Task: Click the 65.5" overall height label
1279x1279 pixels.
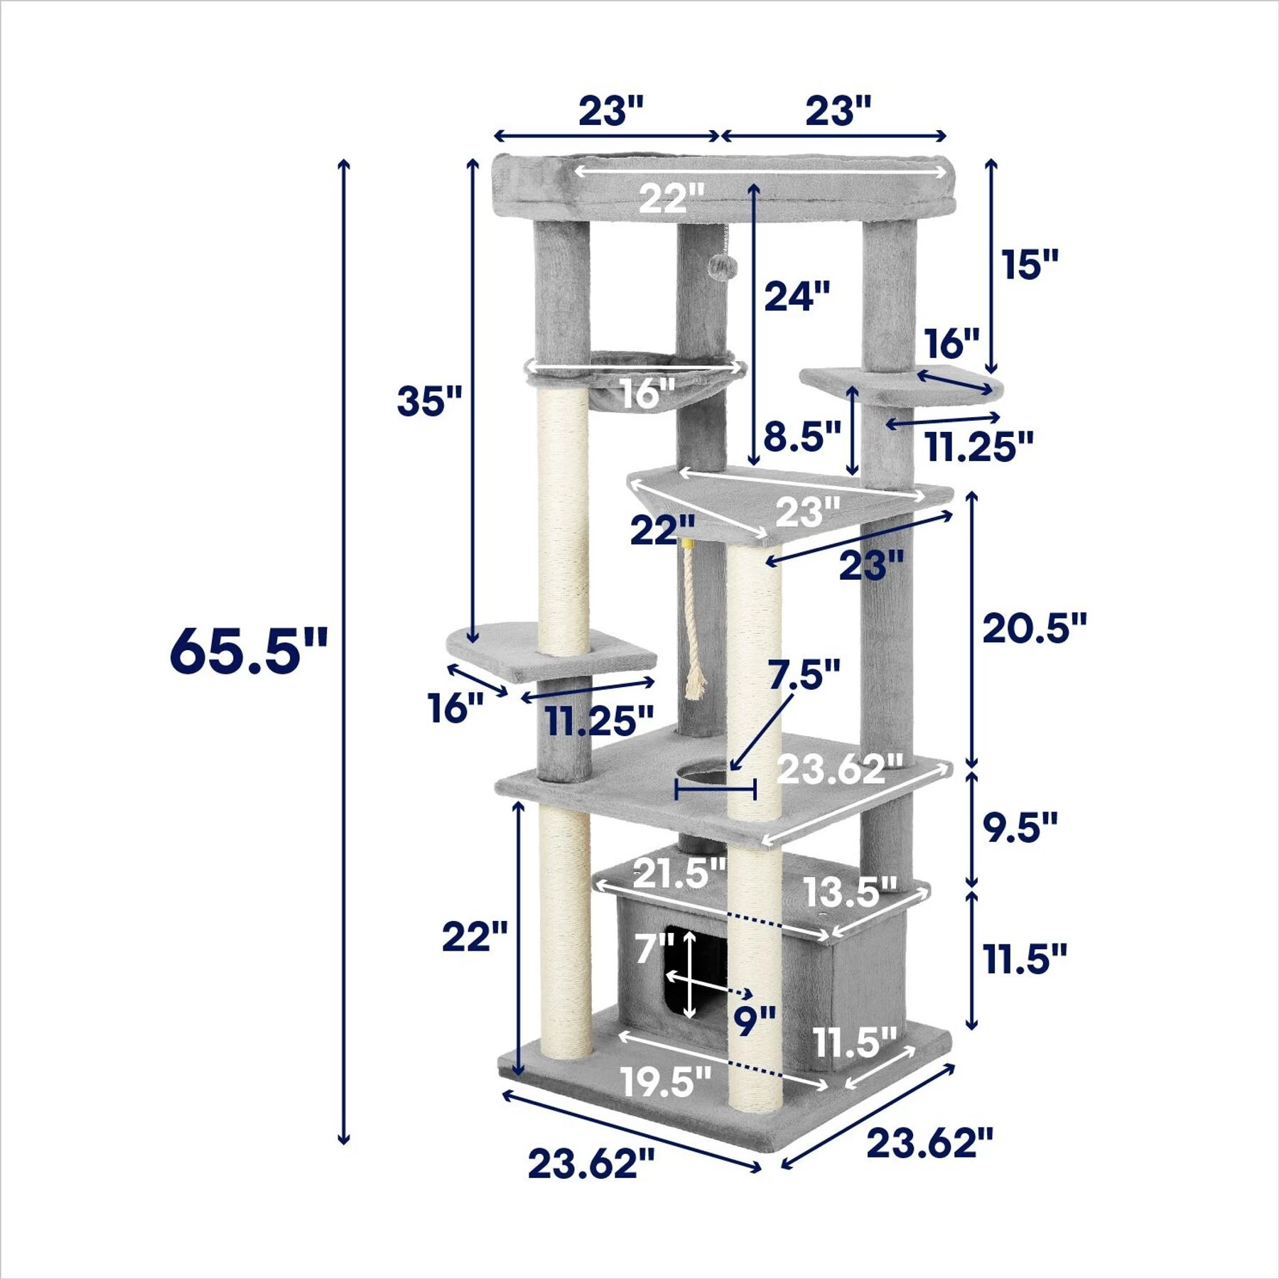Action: click(248, 650)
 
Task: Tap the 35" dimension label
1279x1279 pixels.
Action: click(429, 401)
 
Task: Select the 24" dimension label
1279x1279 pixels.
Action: click(797, 296)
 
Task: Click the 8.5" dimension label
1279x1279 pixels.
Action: click(802, 436)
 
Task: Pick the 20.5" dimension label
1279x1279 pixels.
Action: click(1034, 628)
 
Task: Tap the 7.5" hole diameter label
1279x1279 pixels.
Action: click(804, 674)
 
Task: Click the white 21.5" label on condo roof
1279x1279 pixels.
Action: click(679, 873)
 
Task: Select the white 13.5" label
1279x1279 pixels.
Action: click(850, 892)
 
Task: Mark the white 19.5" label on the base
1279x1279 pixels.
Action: click(665, 1081)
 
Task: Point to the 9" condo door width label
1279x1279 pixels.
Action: click(755, 1021)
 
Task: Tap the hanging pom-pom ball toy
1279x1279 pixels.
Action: click(723, 267)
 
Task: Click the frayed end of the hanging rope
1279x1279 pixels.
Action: click(695, 686)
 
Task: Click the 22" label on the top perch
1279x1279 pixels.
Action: click(671, 198)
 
